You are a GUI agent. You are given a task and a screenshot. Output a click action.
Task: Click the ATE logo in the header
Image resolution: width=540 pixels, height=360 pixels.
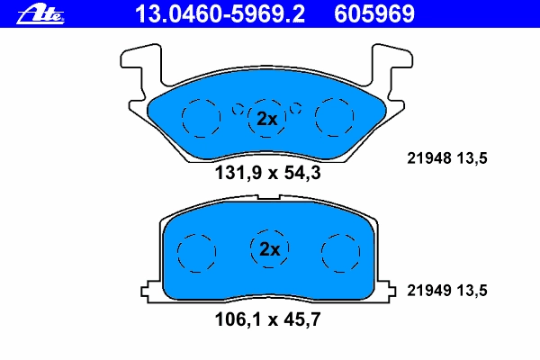click(40, 14)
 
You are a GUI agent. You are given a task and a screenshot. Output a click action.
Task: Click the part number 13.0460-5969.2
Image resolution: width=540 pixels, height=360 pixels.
click(220, 14)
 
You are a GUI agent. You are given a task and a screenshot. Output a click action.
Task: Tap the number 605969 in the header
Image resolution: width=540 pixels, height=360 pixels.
click(374, 14)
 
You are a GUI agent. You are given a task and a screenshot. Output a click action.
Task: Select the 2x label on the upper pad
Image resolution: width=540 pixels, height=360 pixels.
click(267, 119)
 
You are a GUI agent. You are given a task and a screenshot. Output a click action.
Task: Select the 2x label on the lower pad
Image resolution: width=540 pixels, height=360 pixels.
click(270, 249)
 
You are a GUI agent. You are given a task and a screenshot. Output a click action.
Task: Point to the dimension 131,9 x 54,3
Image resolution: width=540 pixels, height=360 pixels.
click(267, 173)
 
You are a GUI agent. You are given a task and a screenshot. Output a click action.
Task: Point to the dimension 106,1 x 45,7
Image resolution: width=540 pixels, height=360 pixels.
click(267, 319)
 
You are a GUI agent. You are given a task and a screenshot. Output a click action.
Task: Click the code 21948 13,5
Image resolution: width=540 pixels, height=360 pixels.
click(447, 158)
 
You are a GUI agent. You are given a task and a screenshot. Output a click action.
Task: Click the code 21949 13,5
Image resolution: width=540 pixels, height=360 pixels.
click(447, 291)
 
